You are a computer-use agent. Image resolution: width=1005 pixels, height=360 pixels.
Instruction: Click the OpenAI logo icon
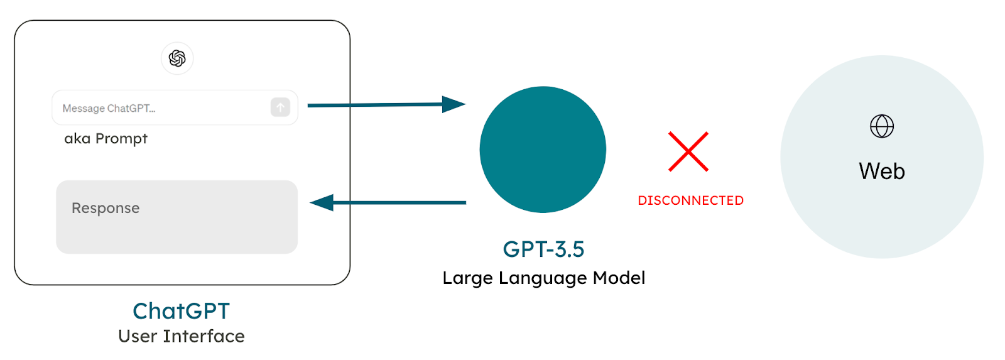tap(177, 58)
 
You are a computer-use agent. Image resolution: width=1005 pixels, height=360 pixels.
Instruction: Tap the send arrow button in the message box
tap(280, 107)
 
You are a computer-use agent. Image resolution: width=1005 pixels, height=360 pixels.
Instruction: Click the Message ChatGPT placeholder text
tap(109, 108)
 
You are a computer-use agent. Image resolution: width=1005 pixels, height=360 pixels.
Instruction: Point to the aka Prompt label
tap(106, 138)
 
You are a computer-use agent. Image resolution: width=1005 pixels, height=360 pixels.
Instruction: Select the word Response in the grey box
tap(106, 208)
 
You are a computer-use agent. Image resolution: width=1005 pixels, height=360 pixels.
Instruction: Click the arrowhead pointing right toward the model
tap(454, 104)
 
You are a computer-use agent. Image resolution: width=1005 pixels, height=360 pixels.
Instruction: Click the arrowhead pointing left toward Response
tap(322, 202)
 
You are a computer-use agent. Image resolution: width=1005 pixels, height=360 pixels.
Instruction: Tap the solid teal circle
tap(543, 150)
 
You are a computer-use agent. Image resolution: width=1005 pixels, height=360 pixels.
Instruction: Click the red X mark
tap(688, 151)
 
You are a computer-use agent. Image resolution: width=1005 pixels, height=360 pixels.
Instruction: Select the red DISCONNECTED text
tap(691, 200)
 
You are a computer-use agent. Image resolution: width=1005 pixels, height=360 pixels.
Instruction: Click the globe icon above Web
tap(882, 126)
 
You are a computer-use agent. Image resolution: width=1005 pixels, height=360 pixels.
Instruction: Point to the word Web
tap(882, 171)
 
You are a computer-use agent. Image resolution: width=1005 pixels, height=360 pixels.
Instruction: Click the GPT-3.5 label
tap(543, 249)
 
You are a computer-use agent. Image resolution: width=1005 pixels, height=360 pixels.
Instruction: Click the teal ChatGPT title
tap(182, 311)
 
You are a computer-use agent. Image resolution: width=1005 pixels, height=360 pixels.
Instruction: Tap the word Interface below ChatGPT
tap(204, 336)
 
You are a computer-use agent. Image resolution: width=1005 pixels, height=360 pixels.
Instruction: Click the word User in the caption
tap(138, 336)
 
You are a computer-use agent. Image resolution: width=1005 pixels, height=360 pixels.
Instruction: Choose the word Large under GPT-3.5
tap(467, 278)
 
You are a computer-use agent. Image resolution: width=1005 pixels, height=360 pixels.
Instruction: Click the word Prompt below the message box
tap(121, 139)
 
